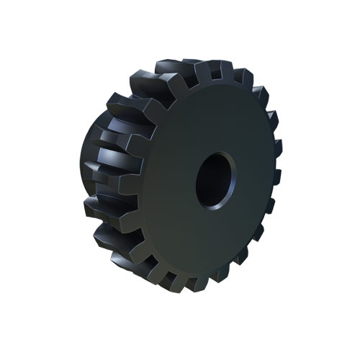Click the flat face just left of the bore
(x=176, y=180)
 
